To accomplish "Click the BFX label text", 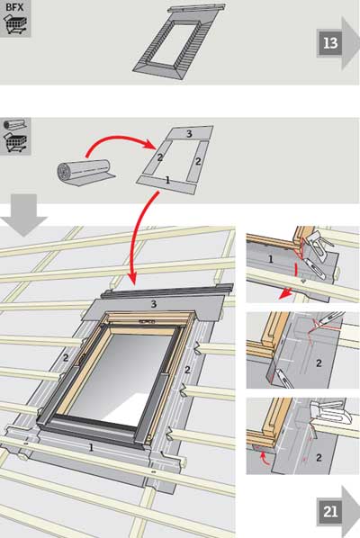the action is click(14, 7).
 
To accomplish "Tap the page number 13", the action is click(330, 43).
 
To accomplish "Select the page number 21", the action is click(330, 512).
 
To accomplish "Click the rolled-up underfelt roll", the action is click(85, 173).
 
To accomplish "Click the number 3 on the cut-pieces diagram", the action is click(189, 134).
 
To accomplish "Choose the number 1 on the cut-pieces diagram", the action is click(167, 180).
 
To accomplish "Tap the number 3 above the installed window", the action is click(154, 304).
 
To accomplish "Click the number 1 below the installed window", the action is click(91, 447).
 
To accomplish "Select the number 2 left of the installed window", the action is click(66, 357).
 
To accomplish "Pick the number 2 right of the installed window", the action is click(187, 370).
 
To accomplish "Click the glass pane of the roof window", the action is click(120, 378).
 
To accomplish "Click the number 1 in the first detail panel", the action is click(270, 259).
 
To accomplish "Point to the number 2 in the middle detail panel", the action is click(319, 363).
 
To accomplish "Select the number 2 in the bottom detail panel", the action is click(319, 457).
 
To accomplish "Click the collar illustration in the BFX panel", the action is click(178, 42).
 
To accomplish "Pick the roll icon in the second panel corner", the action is click(14, 125).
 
